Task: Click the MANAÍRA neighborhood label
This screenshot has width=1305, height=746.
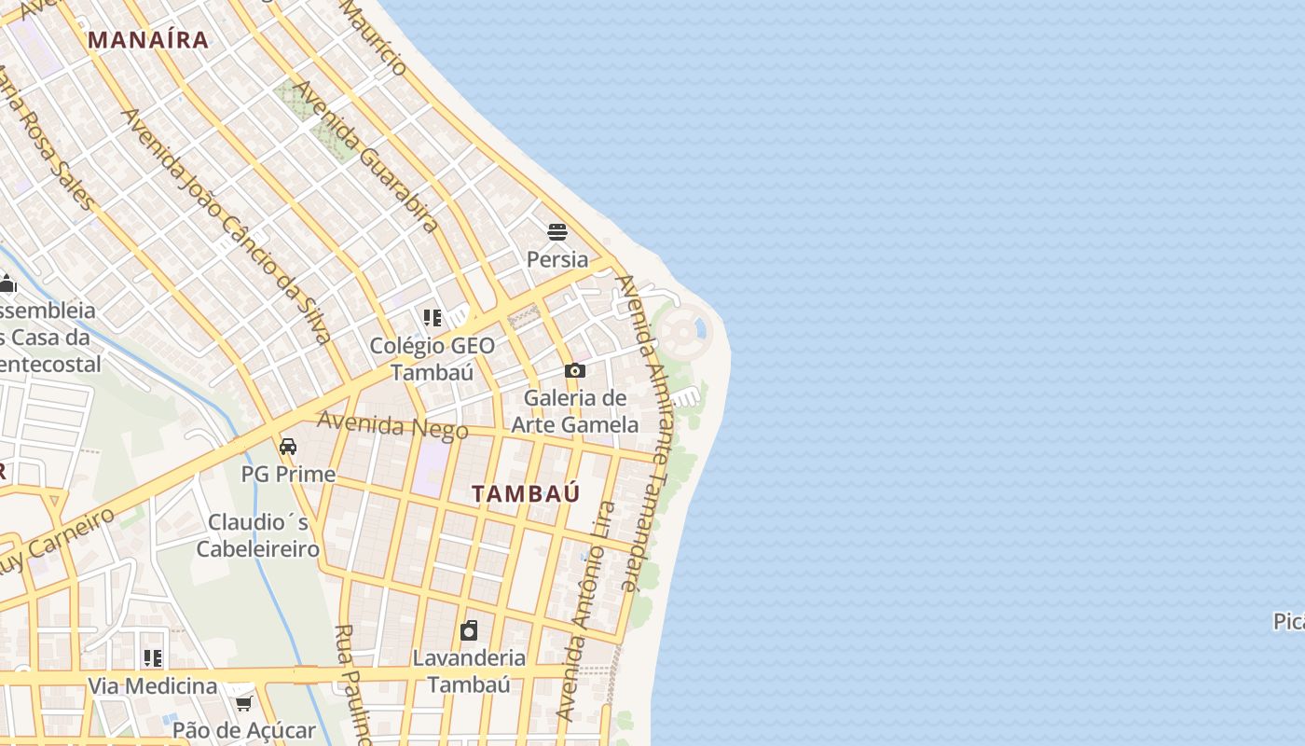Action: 148,39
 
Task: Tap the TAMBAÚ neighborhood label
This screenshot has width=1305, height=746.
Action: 526,493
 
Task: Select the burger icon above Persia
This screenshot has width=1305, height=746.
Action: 557,231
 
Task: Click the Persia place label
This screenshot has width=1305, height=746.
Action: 557,258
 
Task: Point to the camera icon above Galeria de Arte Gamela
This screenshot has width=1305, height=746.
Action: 574,370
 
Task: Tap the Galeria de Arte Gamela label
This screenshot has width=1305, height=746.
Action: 574,410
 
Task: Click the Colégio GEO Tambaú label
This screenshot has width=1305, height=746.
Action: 433,358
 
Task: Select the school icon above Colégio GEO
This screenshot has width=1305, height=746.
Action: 432,318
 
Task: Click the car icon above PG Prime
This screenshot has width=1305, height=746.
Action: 288,447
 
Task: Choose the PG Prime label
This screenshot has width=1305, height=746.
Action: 288,474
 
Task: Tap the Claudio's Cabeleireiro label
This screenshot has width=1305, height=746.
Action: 257,534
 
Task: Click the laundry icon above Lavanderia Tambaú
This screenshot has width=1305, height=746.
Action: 469,630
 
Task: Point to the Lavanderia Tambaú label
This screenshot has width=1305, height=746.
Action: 469,670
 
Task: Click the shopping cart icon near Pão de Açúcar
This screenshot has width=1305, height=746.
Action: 244,701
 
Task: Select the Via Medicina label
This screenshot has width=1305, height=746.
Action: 153,685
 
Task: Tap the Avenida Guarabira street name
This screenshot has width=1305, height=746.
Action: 366,156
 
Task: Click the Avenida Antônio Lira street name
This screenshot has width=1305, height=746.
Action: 585,612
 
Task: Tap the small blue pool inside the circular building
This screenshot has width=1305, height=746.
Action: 699,326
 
